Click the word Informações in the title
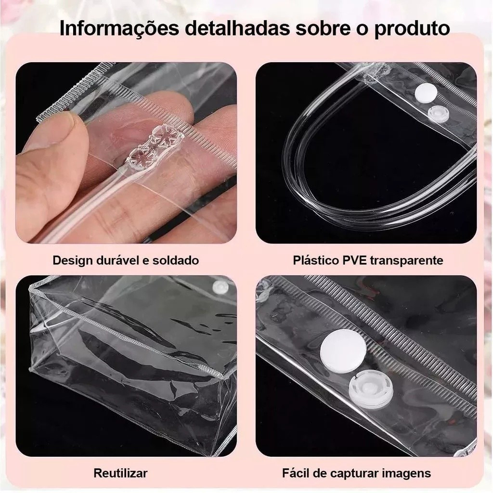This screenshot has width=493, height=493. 119,28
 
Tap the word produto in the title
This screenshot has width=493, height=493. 412,29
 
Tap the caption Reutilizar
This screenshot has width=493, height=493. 120,473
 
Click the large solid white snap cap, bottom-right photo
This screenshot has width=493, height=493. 343,350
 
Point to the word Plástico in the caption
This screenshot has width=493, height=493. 315,260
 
